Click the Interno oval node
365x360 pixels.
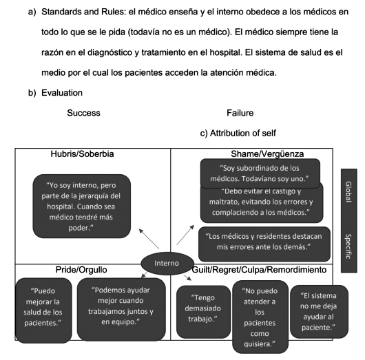167,263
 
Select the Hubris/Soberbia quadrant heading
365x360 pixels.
82,154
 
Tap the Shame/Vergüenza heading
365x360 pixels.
267,154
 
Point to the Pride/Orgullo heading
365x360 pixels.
81,270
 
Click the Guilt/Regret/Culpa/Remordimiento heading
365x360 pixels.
259,270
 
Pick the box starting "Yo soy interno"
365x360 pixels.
81,207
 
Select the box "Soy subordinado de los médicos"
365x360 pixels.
260,173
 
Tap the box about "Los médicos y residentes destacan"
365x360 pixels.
264,244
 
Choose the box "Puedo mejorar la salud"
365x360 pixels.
43,310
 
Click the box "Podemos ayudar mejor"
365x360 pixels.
121,309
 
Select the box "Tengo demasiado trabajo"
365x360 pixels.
203,312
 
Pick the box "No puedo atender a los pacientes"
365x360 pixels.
260,317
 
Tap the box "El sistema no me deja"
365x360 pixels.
319,311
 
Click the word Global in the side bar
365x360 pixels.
348,192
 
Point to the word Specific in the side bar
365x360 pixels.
348,246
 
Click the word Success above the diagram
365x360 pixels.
83,113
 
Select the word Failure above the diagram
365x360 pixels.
240,113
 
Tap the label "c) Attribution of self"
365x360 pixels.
238,134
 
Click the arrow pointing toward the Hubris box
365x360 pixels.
149,239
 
